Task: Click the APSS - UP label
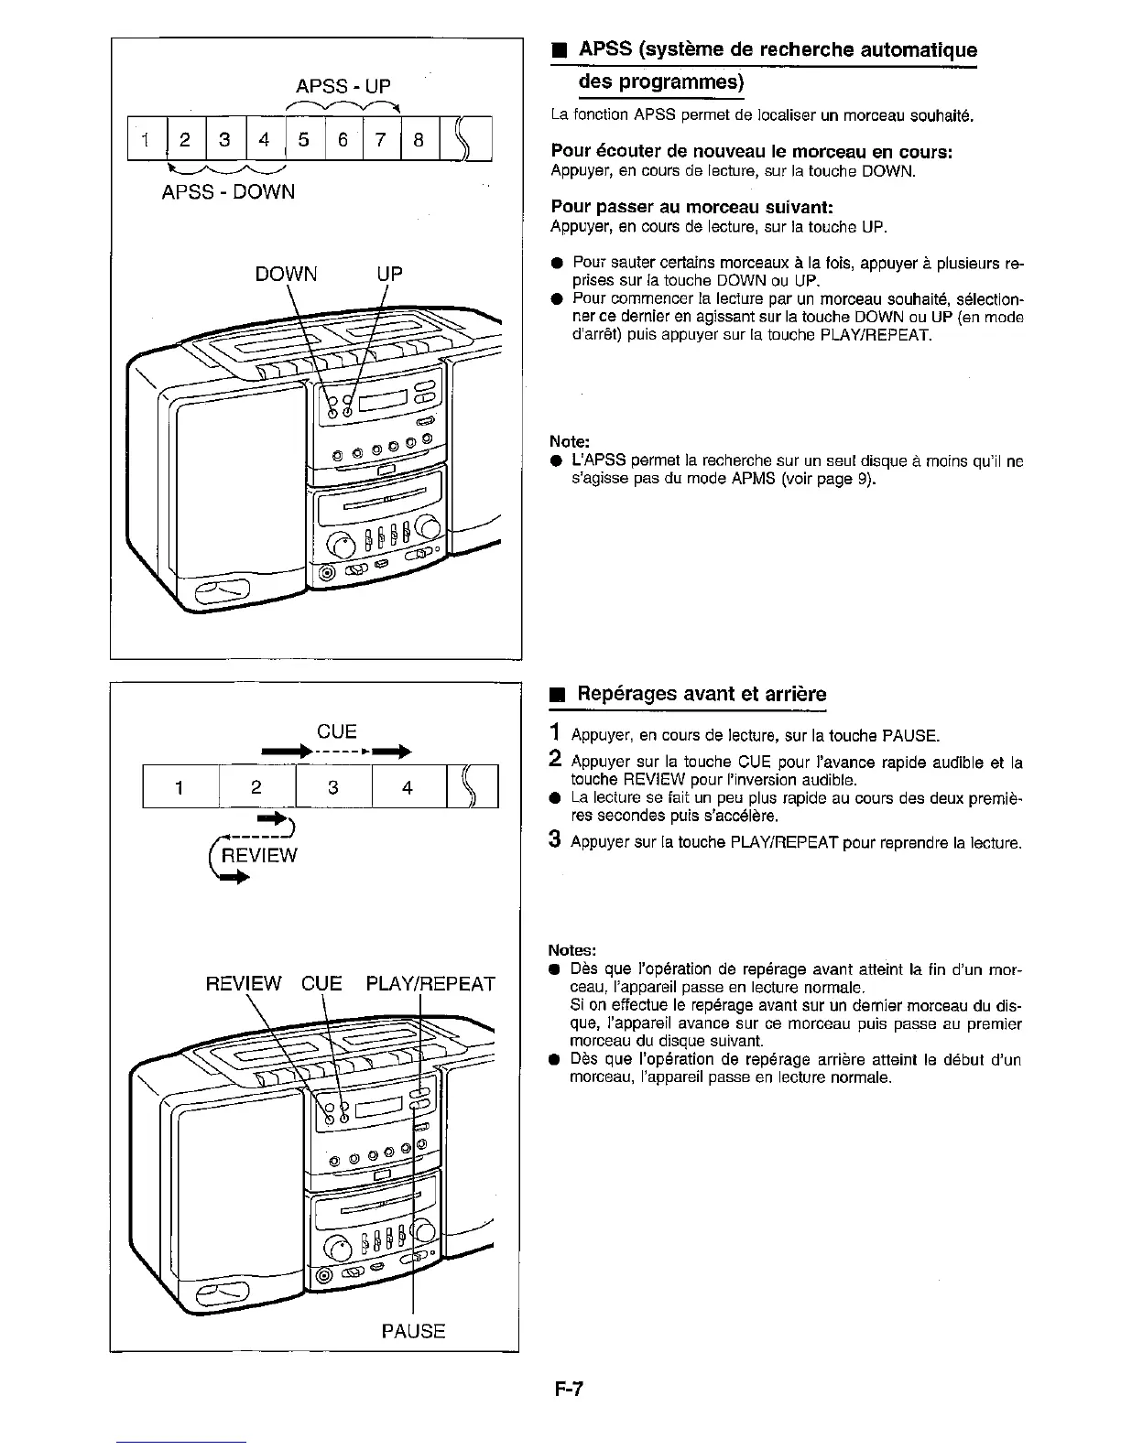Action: click(343, 86)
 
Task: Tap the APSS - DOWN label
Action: click(228, 192)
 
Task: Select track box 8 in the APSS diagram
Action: click(419, 140)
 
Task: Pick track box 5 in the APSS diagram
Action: click(304, 140)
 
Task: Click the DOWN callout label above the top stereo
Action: click(286, 274)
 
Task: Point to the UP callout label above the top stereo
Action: click(389, 274)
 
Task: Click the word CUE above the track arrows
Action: click(336, 731)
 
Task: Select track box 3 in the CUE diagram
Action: click(333, 787)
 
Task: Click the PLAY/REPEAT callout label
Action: click(430, 984)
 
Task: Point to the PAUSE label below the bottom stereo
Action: click(413, 1331)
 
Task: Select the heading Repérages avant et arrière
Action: click(701, 694)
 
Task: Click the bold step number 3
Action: click(554, 840)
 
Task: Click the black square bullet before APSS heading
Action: click(555, 51)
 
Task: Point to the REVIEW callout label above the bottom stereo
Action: click(244, 984)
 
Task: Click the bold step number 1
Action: click(554, 732)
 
